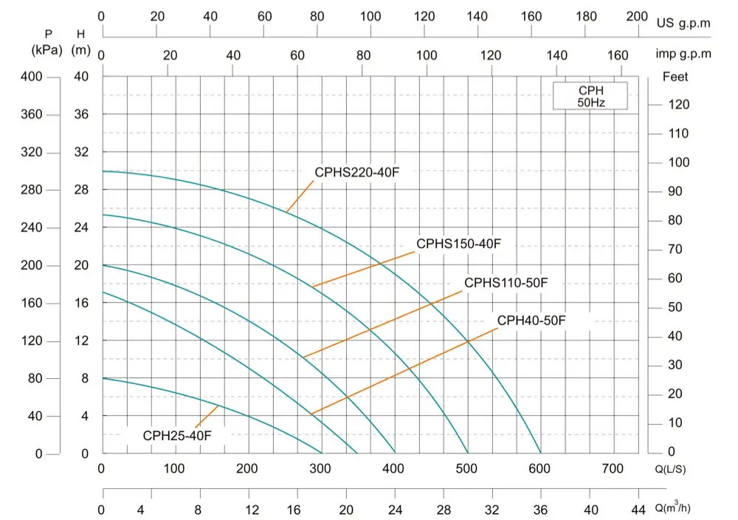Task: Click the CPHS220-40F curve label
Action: [x=356, y=173]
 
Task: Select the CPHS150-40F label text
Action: [x=458, y=244]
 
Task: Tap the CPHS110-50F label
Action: [x=506, y=283]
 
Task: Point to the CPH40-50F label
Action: [x=531, y=321]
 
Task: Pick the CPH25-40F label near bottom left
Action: [x=177, y=436]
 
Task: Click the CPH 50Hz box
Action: [x=590, y=96]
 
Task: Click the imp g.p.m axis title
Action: [x=683, y=54]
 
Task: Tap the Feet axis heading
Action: [x=675, y=76]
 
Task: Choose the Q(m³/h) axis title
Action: [x=673, y=508]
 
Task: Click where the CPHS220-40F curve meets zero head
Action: [x=541, y=454]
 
